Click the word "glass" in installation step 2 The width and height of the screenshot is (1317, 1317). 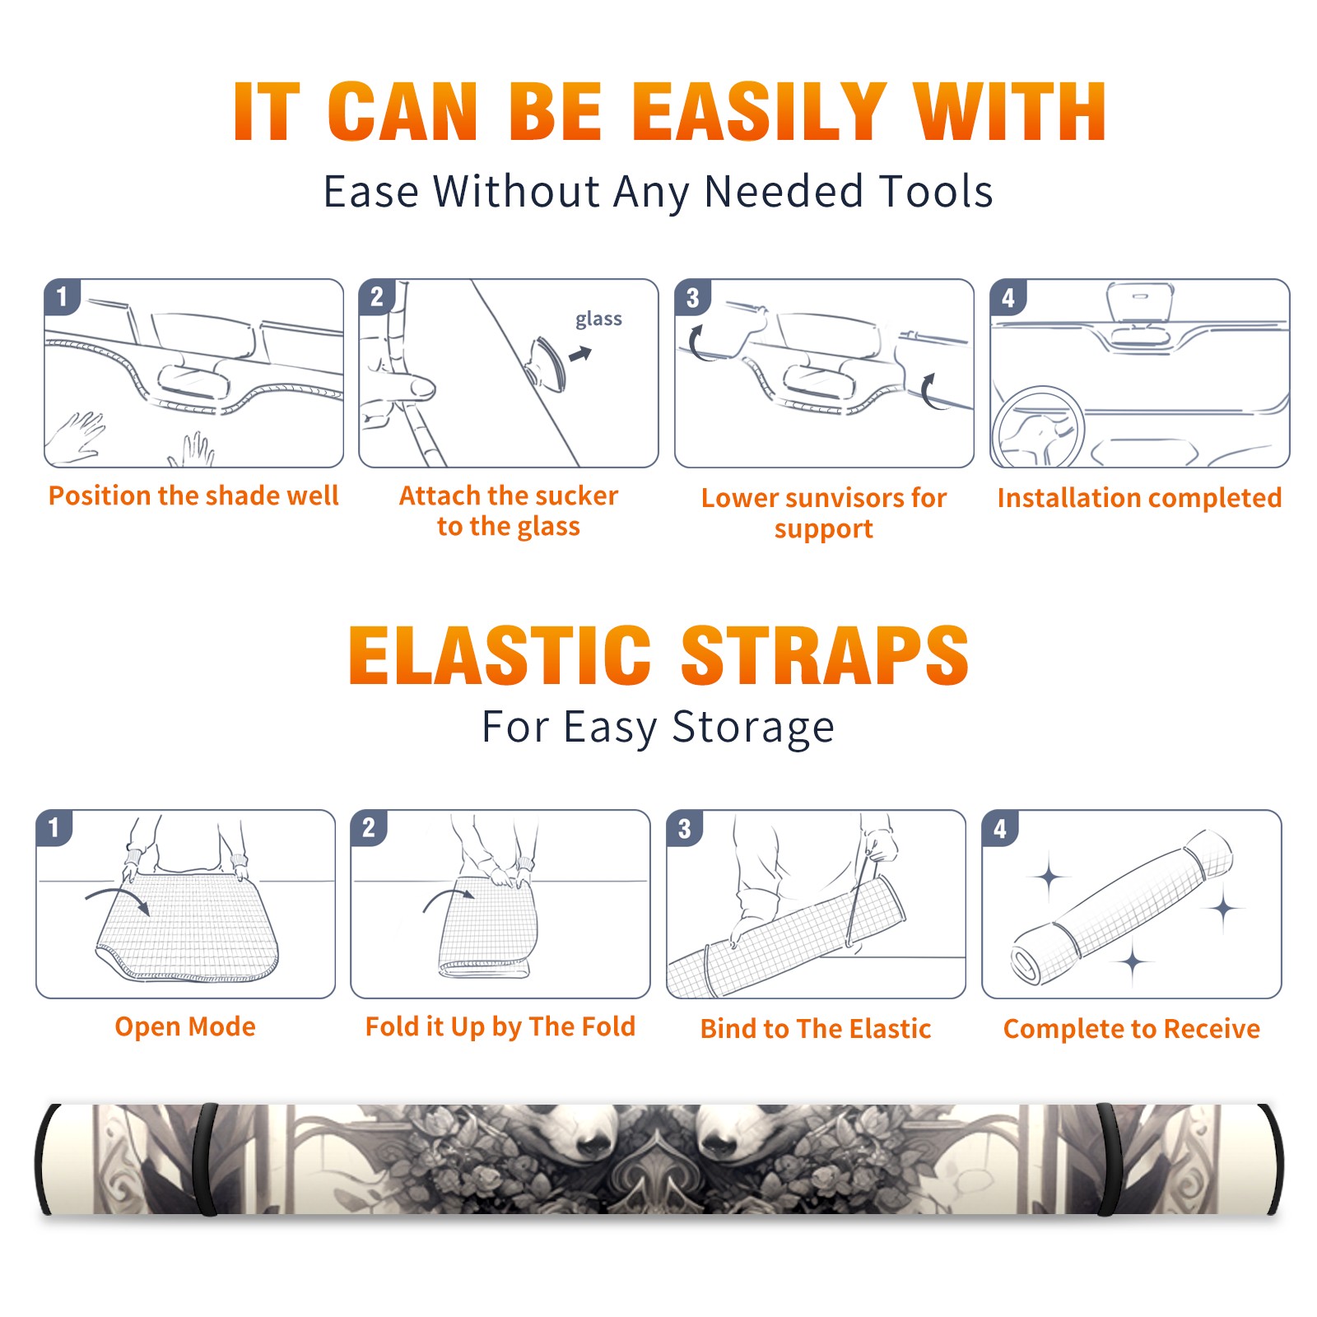pyautogui.click(x=598, y=319)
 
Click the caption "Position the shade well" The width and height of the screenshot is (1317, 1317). pyautogui.click(x=193, y=496)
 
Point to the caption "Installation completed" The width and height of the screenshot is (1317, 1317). pyautogui.click(x=1139, y=497)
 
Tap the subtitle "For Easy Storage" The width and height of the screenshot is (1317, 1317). pyautogui.click(x=658, y=727)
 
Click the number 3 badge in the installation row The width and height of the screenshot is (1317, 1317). pyautogui.click(x=692, y=297)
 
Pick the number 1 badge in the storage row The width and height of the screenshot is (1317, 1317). pyautogui.click(x=54, y=827)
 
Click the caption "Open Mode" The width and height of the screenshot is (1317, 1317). pyautogui.click(x=185, y=1026)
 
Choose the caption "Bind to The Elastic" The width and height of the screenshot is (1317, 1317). pyautogui.click(x=816, y=1029)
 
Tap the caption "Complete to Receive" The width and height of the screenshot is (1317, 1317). pyautogui.click(x=1132, y=1029)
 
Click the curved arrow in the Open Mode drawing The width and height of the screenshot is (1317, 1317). pyautogui.click(x=115, y=892)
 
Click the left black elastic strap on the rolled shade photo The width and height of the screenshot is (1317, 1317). pyautogui.click(x=206, y=1159)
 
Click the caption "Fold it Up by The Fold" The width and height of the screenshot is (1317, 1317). pyautogui.click(x=500, y=1026)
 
